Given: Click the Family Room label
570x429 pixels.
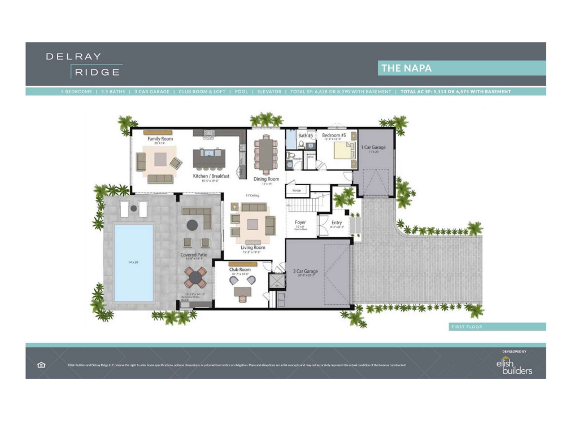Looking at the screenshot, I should click(x=160, y=138).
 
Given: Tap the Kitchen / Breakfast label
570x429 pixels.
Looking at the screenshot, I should click(x=211, y=176).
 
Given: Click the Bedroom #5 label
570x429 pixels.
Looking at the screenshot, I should click(x=334, y=135).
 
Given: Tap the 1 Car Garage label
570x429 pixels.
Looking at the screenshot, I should click(x=373, y=147).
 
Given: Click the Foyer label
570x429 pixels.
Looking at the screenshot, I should click(x=300, y=222).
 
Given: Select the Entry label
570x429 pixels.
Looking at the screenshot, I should click(x=336, y=222).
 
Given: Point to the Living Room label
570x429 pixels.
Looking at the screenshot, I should click(x=253, y=247).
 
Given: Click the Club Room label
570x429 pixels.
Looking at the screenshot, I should click(x=240, y=269).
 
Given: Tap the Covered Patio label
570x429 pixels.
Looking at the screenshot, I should click(x=193, y=255).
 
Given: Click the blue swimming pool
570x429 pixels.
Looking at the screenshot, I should click(x=134, y=262).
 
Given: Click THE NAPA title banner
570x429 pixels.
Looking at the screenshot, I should click(x=461, y=68).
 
